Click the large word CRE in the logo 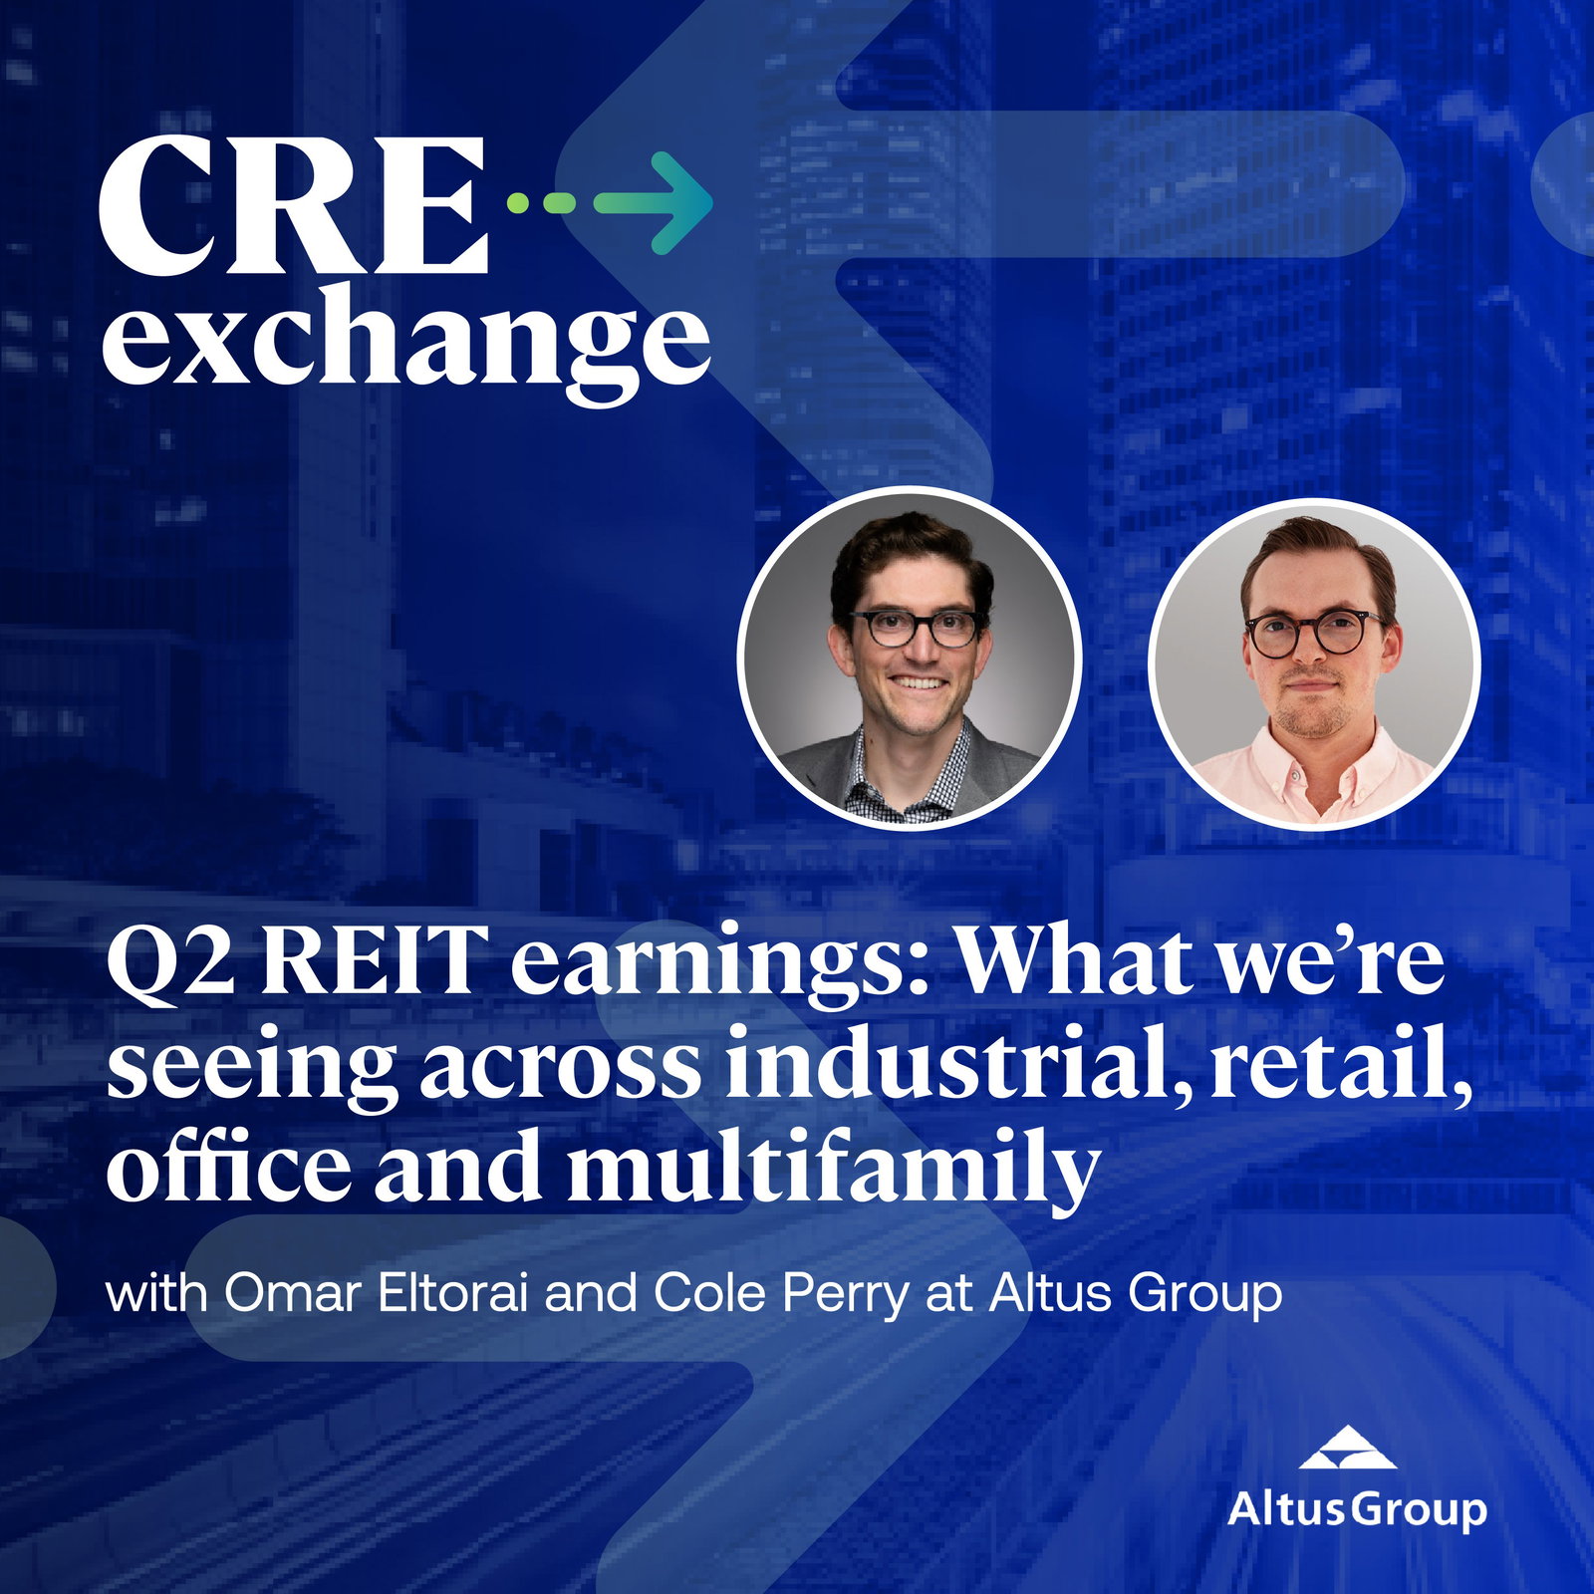coord(295,206)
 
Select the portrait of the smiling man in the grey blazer coord(909,659)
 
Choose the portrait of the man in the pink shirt coord(1313,664)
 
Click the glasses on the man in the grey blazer coord(916,629)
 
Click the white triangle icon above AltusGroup coord(1348,1447)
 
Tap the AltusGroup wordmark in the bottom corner coord(1357,1509)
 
